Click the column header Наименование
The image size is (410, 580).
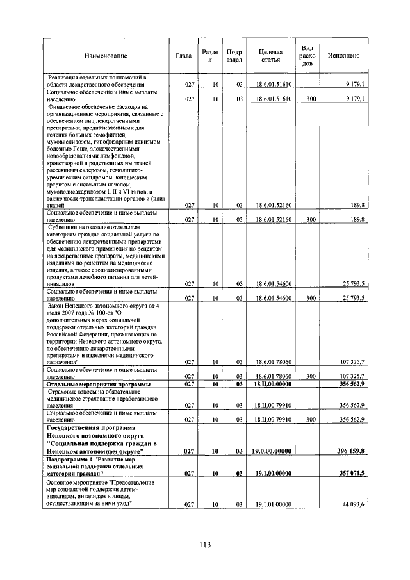(105, 56)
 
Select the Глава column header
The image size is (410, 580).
(183, 56)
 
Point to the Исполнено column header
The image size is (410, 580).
(343, 56)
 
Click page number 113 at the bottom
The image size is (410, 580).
(204, 545)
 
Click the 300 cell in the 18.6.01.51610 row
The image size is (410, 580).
(311, 99)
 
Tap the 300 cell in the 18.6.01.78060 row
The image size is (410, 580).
(311, 376)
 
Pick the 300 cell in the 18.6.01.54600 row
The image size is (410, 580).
(311, 298)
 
